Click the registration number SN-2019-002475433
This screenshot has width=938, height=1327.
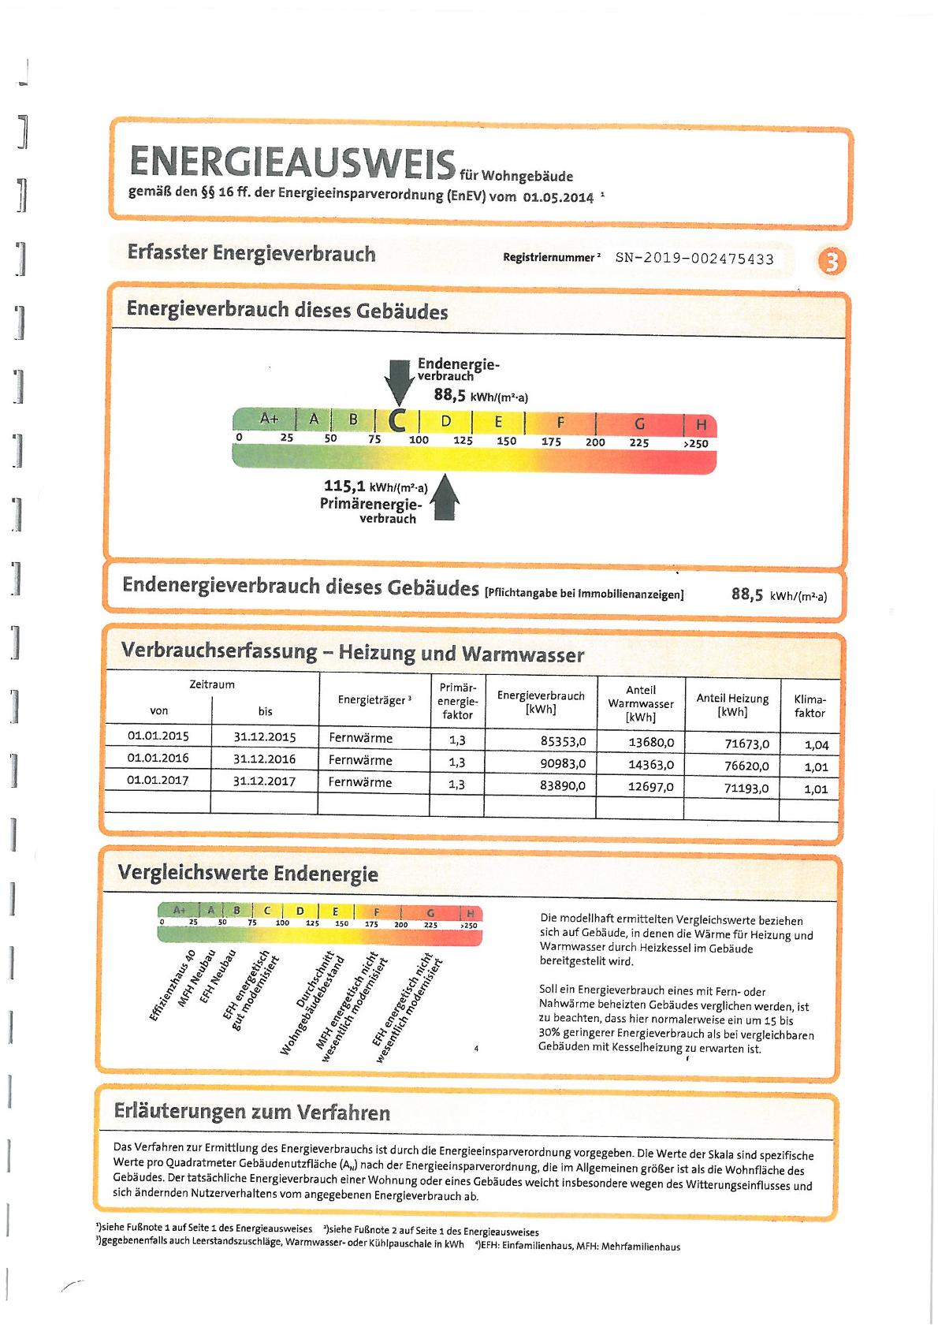(694, 259)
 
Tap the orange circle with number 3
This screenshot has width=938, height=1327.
(832, 261)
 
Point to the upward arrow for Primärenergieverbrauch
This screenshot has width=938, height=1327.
(444, 497)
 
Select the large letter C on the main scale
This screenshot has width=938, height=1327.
(397, 420)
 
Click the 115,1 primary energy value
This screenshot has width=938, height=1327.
(344, 486)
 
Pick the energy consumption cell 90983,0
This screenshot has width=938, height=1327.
(563, 763)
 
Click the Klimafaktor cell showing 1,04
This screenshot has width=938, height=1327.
(816, 745)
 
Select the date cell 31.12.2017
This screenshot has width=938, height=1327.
(264, 781)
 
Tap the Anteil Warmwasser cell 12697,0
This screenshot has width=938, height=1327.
(651, 787)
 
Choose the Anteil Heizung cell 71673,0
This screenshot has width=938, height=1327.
(747, 744)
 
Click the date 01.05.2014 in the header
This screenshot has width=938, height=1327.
(558, 197)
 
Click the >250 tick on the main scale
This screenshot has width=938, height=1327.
(695, 444)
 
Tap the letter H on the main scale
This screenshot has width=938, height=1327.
(701, 424)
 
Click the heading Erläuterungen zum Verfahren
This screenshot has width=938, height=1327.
(252, 1112)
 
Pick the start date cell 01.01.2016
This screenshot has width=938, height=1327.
(158, 758)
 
